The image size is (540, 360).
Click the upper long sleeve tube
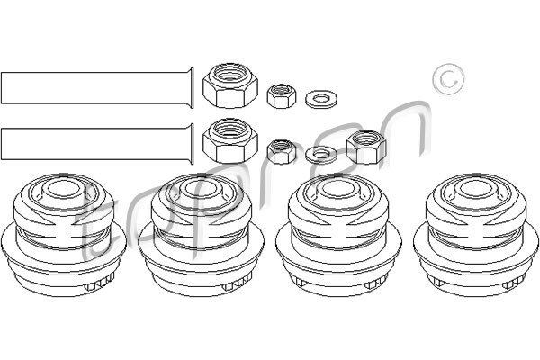(x=97, y=88)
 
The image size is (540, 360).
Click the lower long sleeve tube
(x=97, y=144)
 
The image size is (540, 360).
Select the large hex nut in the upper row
(x=230, y=85)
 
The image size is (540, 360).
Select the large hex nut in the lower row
(x=230, y=141)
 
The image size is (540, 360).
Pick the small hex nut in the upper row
(x=282, y=95)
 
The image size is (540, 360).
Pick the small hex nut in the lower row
(x=282, y=151)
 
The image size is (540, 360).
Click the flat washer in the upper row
(x=321, y=99)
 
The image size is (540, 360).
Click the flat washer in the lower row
(x=321, y=155)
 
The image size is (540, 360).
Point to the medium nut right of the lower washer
(x=366, y=147)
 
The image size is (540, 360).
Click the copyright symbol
(x=448, y=79)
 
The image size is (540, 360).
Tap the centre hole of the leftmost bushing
(x=63, y=189)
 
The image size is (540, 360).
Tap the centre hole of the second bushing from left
(x=201, y=189)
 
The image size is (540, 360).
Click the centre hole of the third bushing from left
(x=339, y=189)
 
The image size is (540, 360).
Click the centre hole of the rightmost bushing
(x=476, y=189)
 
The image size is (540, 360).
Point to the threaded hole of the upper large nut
(x=230, y=75)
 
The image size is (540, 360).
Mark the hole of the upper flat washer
(x=321, y=99)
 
